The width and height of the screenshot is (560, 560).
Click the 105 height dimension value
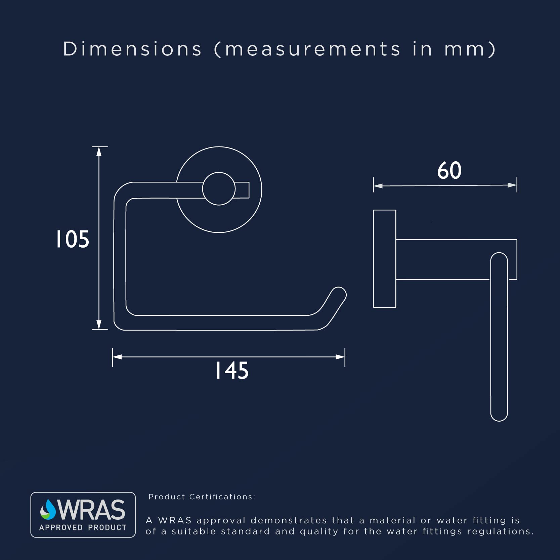pyautogui.click(x=73, y=239)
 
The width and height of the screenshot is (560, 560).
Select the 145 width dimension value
pyautogui.click(x=232, y=371)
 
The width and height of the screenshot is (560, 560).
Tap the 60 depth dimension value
pyautogui.click(x=449, y=170)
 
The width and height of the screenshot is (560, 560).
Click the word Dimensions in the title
pyautogui.click(x=132, y=49)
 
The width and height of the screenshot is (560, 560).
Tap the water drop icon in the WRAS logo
pyautogui.click(x=48, y=509)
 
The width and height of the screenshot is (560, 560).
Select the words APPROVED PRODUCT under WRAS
pyautogui.click(x=83, y=527)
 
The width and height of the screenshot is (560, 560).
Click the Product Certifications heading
pyautogui.click(x=202, y=497)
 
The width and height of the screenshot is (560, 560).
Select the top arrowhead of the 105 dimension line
pyautogui.click(x=99, y=151)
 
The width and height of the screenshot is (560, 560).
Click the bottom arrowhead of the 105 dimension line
pyautogui.click(x=99, y=325)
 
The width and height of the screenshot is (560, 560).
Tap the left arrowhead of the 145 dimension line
pyautogui.click(x=117, y=357)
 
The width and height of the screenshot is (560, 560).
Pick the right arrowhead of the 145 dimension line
pyautogui.click(x=340, y=357)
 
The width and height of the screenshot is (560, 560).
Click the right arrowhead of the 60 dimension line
pyautogui.click(x=512, y=185)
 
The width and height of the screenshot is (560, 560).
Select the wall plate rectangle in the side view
pyautogui.click(x=385, y=259)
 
